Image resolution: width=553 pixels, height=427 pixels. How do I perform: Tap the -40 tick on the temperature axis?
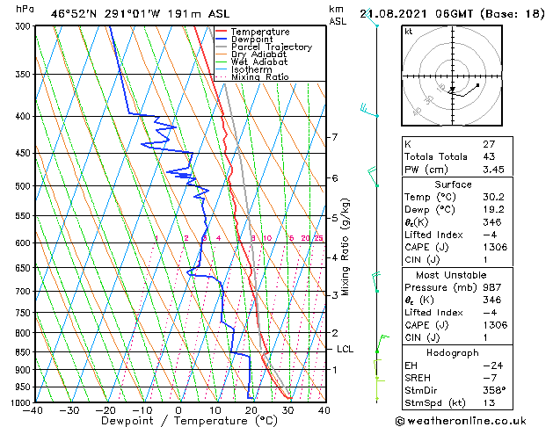(x=33, y=409)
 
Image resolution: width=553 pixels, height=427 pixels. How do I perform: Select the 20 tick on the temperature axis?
(x=251, y=409)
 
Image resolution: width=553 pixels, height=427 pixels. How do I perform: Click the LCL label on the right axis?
(x=346, y=349)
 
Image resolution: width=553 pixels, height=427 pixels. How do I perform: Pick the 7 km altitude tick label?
(x=334, y=138)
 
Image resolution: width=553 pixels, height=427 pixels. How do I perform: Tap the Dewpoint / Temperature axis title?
(x=178, y=421)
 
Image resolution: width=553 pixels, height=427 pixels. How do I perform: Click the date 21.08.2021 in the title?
(x=397, y=11)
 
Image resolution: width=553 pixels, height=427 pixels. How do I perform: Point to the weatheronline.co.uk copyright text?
(x=475, y=419)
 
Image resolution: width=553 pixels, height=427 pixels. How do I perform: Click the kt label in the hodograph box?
(x=408, y=31)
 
